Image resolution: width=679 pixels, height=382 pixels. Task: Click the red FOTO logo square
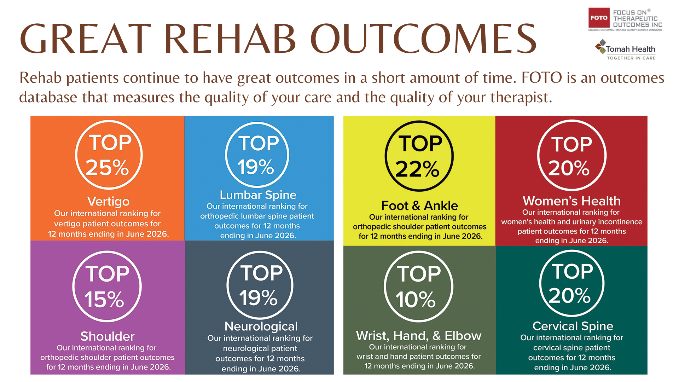tap(599, 18)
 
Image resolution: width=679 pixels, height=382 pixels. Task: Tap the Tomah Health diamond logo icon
tap(600, 47)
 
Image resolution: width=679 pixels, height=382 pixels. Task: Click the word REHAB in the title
tap(230, 39)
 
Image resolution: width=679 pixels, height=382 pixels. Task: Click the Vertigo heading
tap(108, 202)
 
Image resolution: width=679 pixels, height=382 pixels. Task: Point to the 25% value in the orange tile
tap(107, 167)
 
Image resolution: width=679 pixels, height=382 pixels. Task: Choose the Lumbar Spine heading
tap(258, 195)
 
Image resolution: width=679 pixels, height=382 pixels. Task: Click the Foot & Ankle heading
tap(419, 206)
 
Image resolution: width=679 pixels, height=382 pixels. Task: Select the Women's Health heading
tap(571, 201)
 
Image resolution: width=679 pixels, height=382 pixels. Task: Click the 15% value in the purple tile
tap(104, 300)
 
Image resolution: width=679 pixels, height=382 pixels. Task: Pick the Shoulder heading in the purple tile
tap(108, 336)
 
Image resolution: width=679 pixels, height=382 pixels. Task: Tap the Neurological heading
tap(261, 326)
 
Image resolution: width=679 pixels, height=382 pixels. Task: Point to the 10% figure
tap(416, 300)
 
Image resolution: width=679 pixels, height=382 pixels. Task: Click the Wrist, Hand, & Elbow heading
tap(419, 336)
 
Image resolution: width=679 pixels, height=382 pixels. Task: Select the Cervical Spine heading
tap(573, 326)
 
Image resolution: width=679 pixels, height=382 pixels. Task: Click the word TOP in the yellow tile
tap(420, 144)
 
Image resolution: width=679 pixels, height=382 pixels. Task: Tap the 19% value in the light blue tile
tap(256, 167)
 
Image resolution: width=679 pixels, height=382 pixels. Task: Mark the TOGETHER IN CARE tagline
tap(631, 58)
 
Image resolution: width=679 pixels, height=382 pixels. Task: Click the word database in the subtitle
tap(48, 97)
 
